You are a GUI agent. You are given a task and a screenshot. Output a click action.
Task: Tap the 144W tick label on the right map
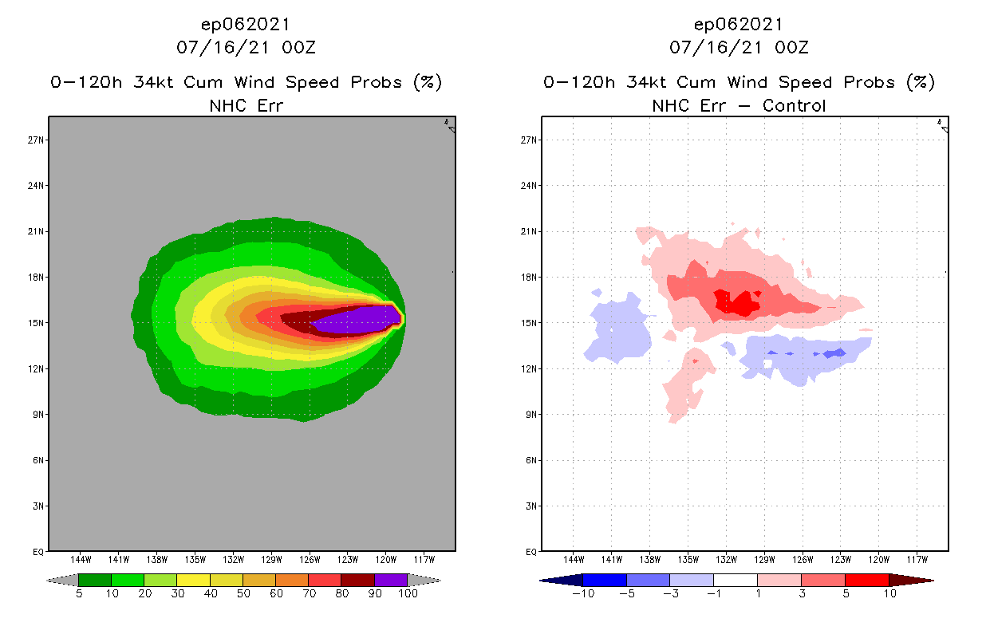574,559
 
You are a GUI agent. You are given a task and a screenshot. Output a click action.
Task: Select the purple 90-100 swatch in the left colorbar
391,580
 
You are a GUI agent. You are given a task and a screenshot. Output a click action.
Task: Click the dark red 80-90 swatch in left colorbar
357,580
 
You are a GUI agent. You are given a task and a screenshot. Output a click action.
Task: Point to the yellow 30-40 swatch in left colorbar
193,580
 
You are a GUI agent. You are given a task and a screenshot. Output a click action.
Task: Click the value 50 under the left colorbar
243,593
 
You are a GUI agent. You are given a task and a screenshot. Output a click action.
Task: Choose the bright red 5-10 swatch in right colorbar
866,580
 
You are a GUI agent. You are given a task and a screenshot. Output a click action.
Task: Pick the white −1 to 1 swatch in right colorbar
735,580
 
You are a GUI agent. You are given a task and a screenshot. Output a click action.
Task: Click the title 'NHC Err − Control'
739,105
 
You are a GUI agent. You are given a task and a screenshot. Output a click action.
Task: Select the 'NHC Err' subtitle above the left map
246,105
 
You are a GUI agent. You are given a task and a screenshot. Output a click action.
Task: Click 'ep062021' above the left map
246,24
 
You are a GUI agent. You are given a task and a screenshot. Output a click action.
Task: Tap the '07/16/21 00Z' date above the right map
739,47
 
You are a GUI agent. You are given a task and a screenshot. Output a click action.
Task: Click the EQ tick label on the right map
530,551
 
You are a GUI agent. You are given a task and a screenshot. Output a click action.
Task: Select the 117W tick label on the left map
424,559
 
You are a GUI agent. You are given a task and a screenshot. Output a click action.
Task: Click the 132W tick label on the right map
726,559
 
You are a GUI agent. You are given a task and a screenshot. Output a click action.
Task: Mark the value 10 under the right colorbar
889,593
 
